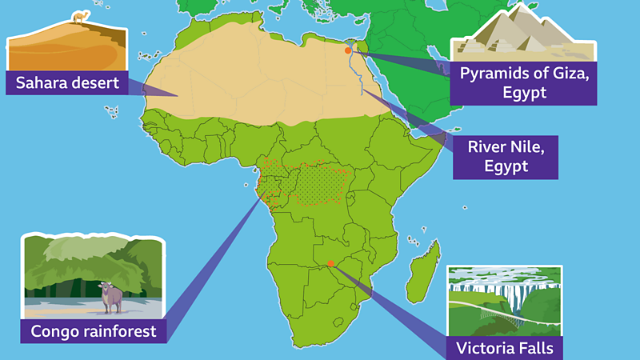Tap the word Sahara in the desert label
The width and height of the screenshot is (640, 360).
click(42, 82)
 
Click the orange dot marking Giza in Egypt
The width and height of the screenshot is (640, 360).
click(348, 50)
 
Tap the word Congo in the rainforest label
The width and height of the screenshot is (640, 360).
click(54, 330)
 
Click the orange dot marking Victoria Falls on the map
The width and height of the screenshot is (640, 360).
click(330, 264)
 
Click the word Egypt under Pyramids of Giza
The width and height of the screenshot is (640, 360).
click(525, 93)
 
